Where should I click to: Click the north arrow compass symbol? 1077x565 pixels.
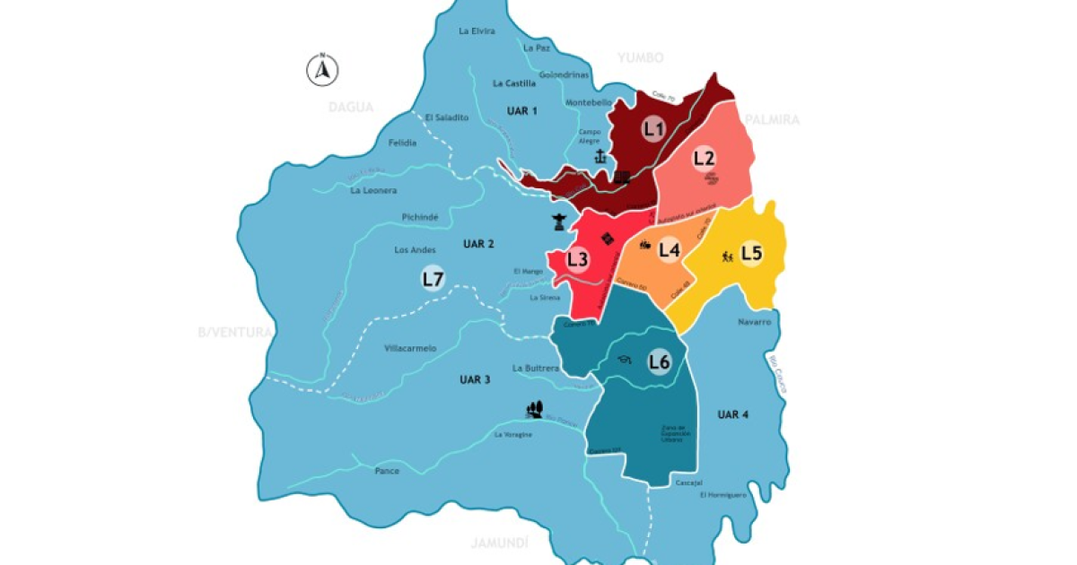pos(322,69)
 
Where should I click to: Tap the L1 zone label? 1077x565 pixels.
pos(654,129)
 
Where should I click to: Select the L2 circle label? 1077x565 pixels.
pos(705,158)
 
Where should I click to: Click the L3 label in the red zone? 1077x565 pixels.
pos(579,260)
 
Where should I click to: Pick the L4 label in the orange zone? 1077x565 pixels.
pos(669,250)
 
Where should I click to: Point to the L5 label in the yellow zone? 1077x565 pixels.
pos(751,254)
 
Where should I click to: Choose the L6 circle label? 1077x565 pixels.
pos(660,362)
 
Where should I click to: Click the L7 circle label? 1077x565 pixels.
pos(433,279)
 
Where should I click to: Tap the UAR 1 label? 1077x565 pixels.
pos(521,111)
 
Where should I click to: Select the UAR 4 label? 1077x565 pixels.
pos(733,414)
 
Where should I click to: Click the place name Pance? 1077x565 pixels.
pos(387,470)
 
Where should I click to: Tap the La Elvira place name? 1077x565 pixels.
pos(477,31)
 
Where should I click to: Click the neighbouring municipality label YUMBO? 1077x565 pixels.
pos(640,58)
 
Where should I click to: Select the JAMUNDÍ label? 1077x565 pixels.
pos(499,543)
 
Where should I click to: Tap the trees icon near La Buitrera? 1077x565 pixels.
pos(536,410)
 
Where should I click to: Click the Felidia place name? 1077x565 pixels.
pos(402,143)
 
